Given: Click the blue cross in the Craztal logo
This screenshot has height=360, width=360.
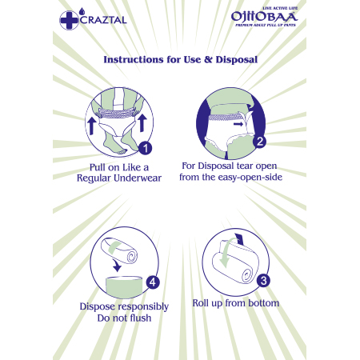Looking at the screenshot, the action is pyautogui.click(x=69, y=20).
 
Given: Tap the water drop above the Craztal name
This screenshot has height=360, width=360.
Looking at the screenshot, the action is pyautogui.click(x=82, y=11).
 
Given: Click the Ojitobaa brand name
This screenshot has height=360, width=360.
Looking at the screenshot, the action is pyautogui.click(x=264, y=17).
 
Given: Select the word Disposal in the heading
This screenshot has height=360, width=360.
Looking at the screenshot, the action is pyautogui.click(x=237, y=59).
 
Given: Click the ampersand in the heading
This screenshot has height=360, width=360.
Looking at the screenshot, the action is pyautogui.click(x=208, y=59).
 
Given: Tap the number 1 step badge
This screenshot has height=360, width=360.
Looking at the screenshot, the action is pyautogui.click(x=146, y=148).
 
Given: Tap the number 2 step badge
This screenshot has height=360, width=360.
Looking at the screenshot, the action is pyautogui.click(x=259, y=142).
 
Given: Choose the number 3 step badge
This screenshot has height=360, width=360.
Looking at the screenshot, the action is pyautogui.click(x=263, y=281).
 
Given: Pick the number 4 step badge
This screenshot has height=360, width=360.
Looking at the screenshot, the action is pyautogui.click(x=153, y=282).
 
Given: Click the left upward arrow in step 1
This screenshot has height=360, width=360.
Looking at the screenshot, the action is pyautogui.click(x=91, y=126).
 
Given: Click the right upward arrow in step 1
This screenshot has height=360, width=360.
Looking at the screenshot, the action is pyautogui.click(x=142, y=123).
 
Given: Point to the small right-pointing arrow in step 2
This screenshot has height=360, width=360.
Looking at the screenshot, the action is pyautogui.click(x=238, y=124).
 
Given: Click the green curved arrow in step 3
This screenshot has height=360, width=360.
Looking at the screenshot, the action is pyautogui.click(x=226, y=254).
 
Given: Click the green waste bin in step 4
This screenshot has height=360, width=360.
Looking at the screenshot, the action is pyautogui.click(x=124, y=287).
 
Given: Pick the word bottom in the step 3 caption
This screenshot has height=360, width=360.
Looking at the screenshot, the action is pyautogui.click(x=264, y=303).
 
